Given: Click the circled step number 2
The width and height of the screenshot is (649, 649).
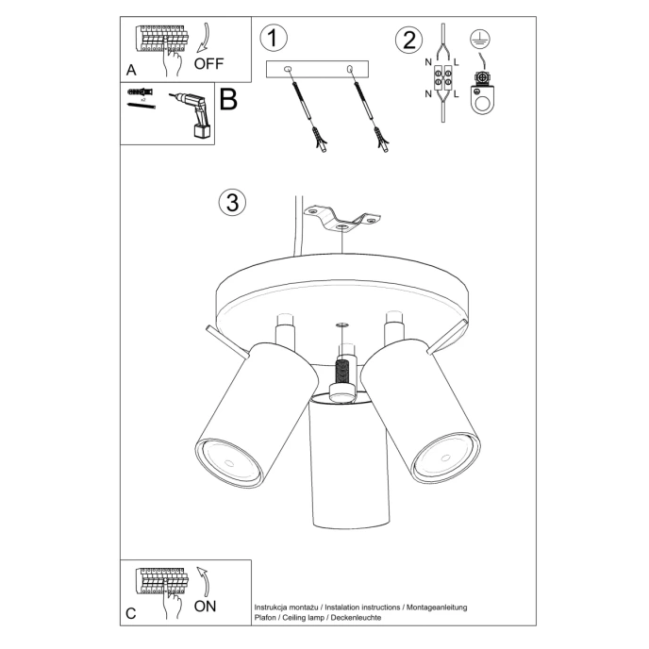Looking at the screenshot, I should point(408,40).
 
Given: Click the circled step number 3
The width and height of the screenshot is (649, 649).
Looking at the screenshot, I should point(232,202).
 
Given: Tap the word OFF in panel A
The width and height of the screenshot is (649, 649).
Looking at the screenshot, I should point(209,64).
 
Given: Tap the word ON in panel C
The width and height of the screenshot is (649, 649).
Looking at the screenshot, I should point(205,607).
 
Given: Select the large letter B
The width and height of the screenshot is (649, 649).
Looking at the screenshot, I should point(228,100).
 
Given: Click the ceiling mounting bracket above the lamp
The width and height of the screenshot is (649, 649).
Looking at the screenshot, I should point(341,219).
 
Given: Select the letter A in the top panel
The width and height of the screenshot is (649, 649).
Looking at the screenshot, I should point(131,70).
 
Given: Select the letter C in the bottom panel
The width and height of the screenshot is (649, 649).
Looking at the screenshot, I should point(131,613).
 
